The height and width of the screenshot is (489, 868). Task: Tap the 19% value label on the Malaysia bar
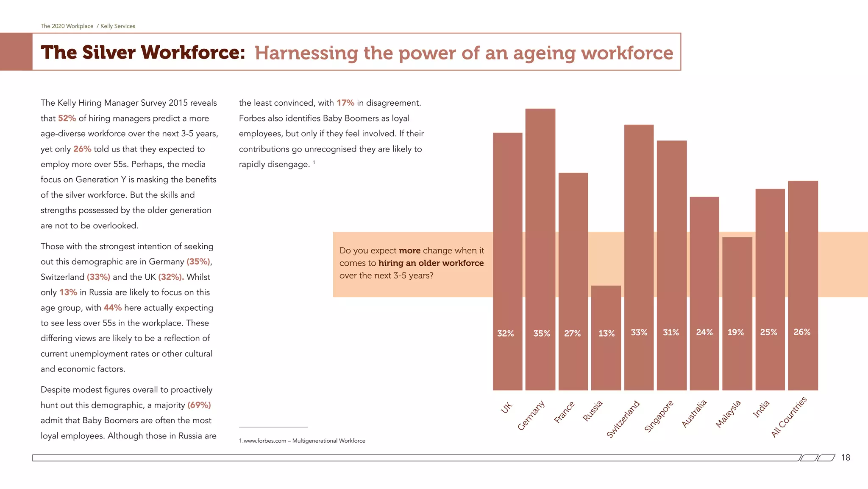pyautogui.click(x=736, y=332)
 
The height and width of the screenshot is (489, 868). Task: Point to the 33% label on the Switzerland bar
pyautogui.click(x=639, y=333)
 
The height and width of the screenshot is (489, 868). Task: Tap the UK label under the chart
pyautogui.click(x=506, y=407)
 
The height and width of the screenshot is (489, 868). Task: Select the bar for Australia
pyautogui.click(x=704, y=293)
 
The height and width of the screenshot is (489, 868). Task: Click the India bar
pyautogui.click(x=770, y=289)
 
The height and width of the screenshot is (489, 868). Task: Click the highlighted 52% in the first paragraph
pyautogui.click(x=67, y=118)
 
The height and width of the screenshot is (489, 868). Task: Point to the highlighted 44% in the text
pyautogui.click(x=113, y=308)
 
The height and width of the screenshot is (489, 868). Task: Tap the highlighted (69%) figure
pyautogui.click(x=199, y=405)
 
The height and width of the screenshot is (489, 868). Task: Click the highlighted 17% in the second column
pyautogui.click(x=345, y=103)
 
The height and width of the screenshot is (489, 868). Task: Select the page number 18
pyautogui.click(x=845, y=458)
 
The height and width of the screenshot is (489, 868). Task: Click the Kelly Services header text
pyautogui.click(x=117, y=26)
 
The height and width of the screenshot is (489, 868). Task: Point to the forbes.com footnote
pyautogui.click(x=302, y=441)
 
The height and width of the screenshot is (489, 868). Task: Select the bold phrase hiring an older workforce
pyautogui.click(x=431, y=263)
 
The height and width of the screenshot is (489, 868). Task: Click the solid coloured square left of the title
pyautogui.click(x=16, y=52)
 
